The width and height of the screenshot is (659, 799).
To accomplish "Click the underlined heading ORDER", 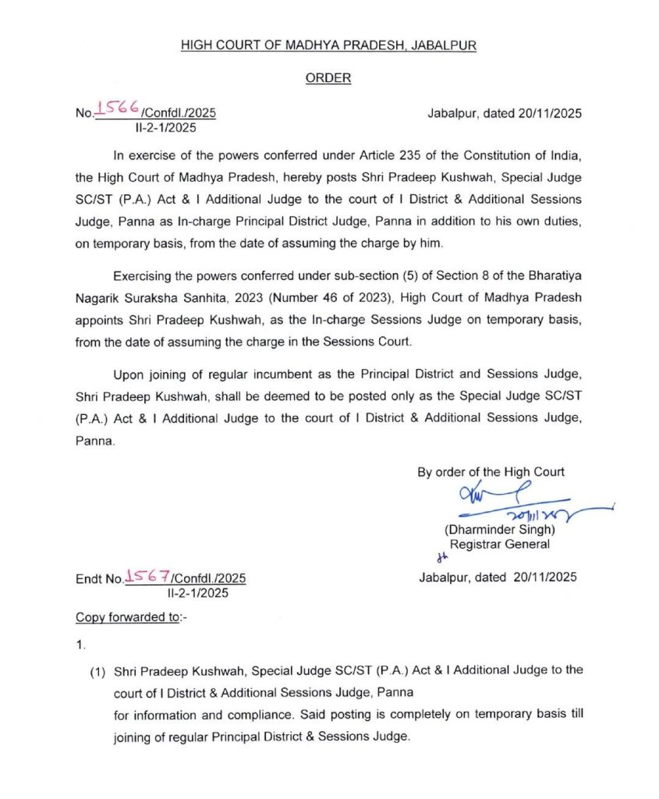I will [x=328, y=78].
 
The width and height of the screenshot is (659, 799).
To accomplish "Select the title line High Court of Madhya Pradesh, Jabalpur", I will [x=328, y=45].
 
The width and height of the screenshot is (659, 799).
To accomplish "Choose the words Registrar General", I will [x=499, y=545].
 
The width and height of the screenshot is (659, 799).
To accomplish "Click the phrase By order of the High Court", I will [x=491, y=472].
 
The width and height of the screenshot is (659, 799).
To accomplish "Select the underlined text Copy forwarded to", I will [x=131, y=618].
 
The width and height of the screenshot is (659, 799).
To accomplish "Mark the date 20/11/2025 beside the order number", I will [x=550, y=113].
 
